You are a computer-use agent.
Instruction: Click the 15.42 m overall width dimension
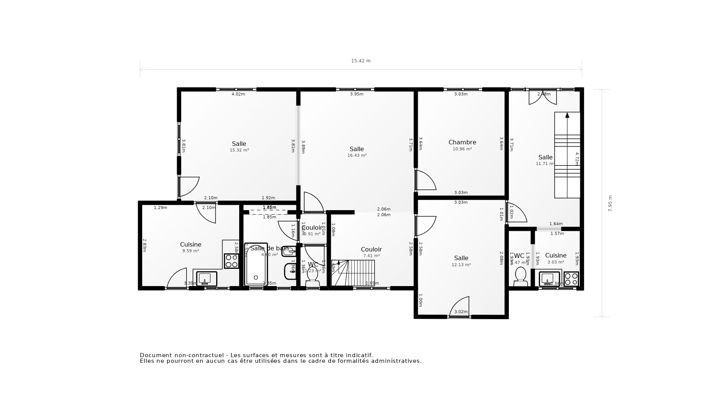pos(361,61)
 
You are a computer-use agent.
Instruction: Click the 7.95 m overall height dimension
pos(610,203)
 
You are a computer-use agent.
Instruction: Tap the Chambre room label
pos(462,142)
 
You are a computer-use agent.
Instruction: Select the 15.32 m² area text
pos(239,150)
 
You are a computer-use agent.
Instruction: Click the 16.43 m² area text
pos(357,155)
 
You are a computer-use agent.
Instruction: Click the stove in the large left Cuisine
pos(231,261)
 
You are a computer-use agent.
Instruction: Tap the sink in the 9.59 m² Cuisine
pos(206,279)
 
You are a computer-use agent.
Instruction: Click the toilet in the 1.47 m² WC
pos(520,274)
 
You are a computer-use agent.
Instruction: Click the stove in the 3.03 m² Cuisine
pos(571,279)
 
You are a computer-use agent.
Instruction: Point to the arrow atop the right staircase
pos(567,115)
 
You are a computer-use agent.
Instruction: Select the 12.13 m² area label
pos(461,265)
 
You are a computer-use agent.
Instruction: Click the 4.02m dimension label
pos(238,94)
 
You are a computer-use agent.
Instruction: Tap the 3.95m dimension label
pos(356,94)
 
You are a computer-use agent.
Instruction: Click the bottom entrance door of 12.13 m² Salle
pos(460,307)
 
